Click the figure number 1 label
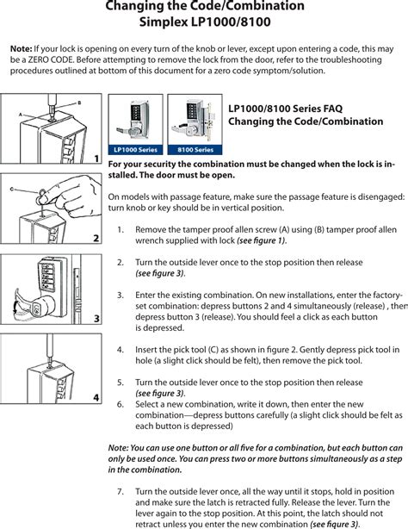[x=96, y=159]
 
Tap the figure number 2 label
[x=96, y=237]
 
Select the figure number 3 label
[x=96, y=319]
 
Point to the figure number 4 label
[x=96, y=397]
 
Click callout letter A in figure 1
[x=21, y=113]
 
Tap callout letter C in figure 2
[x=12, y=188]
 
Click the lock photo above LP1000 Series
[x=135, y=120]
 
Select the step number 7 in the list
[x=120, y=491]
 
